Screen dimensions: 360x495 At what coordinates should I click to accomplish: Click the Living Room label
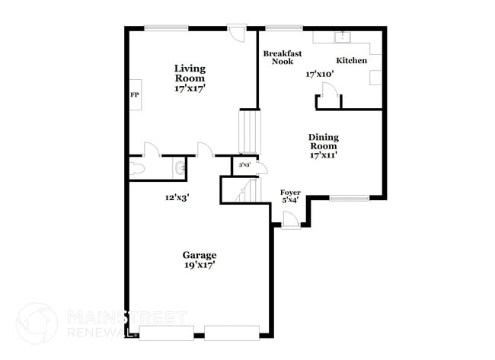pyautogui.click(x=190, y=73)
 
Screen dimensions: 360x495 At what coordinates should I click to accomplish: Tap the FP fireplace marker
pyautogui.click(x=135, y=95)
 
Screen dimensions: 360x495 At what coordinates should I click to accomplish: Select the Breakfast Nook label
pyautogui.click(x=283, y=57)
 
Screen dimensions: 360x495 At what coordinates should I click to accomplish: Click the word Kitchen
pyautogui.click(x=352, y=60)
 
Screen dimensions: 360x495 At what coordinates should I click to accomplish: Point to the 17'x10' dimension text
pyautogui.click(x=321, y=75)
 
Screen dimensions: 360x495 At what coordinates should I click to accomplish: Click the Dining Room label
pyautogui.click(x=323, y=141)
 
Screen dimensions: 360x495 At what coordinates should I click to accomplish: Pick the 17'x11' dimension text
pyautogui.click(x=323, y=155)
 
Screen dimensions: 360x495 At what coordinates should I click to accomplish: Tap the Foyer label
pyautogui.click(x=290, y=192)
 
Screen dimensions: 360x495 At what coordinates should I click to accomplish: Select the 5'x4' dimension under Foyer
pyautogui.click(x=290, y=200)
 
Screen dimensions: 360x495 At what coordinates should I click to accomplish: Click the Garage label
pyautogui.click(x=199, y=255)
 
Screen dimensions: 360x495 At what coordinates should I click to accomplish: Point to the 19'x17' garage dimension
pyautogui.click(x=199, y=266)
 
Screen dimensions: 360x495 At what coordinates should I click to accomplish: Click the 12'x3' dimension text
pyautogui.click(x=177, y=197)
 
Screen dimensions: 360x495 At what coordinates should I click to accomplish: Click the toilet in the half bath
pyautogui.click(x=138, y=167)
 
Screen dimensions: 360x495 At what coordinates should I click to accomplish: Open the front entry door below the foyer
pyautogui.click(x=289, y=220)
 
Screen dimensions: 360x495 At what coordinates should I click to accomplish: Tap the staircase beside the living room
pyautogui.click(x=250, y=132)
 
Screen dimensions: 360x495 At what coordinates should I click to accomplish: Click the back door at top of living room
pyautogui.click(x=236, y=33)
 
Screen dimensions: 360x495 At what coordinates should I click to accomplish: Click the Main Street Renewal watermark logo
pyautogui.click(x=37, y=323)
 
